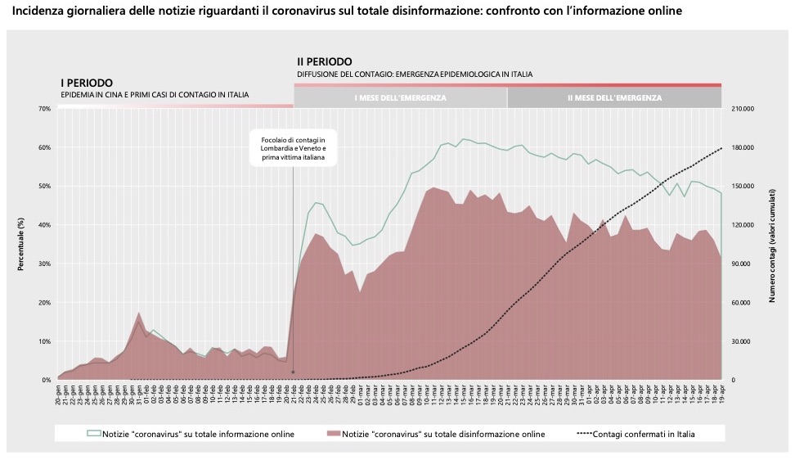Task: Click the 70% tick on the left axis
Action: tap(45, 109)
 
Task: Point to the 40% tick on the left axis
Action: tap(45, 225)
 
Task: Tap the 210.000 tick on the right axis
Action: tap(741, 109)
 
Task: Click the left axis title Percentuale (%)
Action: tap(22, 244)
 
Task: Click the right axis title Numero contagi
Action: tap(771, 244)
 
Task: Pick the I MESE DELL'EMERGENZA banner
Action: tap(400, 98)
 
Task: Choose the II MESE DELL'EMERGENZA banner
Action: tap(614, 98)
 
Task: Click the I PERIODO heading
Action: tap(87, 83)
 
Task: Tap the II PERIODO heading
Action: tap(325, 61)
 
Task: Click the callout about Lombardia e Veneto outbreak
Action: tap(293, 148)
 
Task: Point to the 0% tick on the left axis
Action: tap(47, 380)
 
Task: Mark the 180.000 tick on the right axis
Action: tap(741, 147)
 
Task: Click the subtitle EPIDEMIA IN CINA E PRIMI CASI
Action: tap(155, 95)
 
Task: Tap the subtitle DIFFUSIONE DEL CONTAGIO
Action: tap(415, 74)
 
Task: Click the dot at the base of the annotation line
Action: tap(293, 372)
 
